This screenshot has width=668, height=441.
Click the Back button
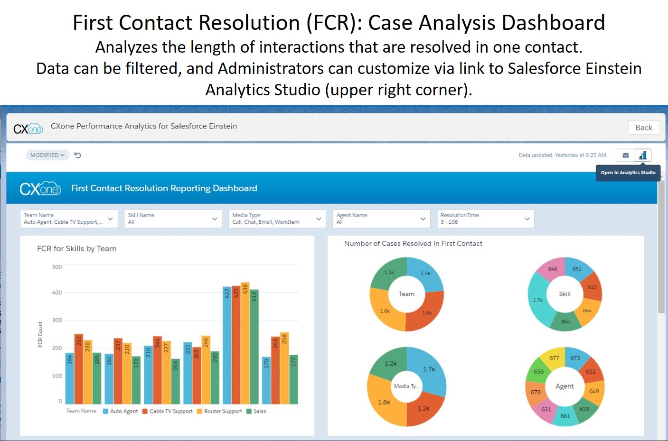[643, 128]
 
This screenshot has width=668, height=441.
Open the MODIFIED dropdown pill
[47, 155]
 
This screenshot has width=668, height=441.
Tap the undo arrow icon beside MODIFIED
[78, 155]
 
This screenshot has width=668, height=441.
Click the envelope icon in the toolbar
[625, 155]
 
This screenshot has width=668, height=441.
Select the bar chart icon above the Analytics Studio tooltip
[642, 155]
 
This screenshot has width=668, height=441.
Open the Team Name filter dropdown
[69, 219]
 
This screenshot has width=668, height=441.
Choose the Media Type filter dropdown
[277, 219]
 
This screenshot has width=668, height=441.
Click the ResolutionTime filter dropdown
[485, 219]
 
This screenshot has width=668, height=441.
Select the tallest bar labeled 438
[245, 343]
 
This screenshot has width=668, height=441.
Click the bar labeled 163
[176, 381]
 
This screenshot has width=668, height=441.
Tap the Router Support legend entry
[219, 411]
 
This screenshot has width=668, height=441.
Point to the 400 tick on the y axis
[57, 293]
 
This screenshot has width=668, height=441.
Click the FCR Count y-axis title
[40, 334]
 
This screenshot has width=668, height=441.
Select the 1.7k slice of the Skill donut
[538, 300]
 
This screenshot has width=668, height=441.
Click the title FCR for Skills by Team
[77, 248]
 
